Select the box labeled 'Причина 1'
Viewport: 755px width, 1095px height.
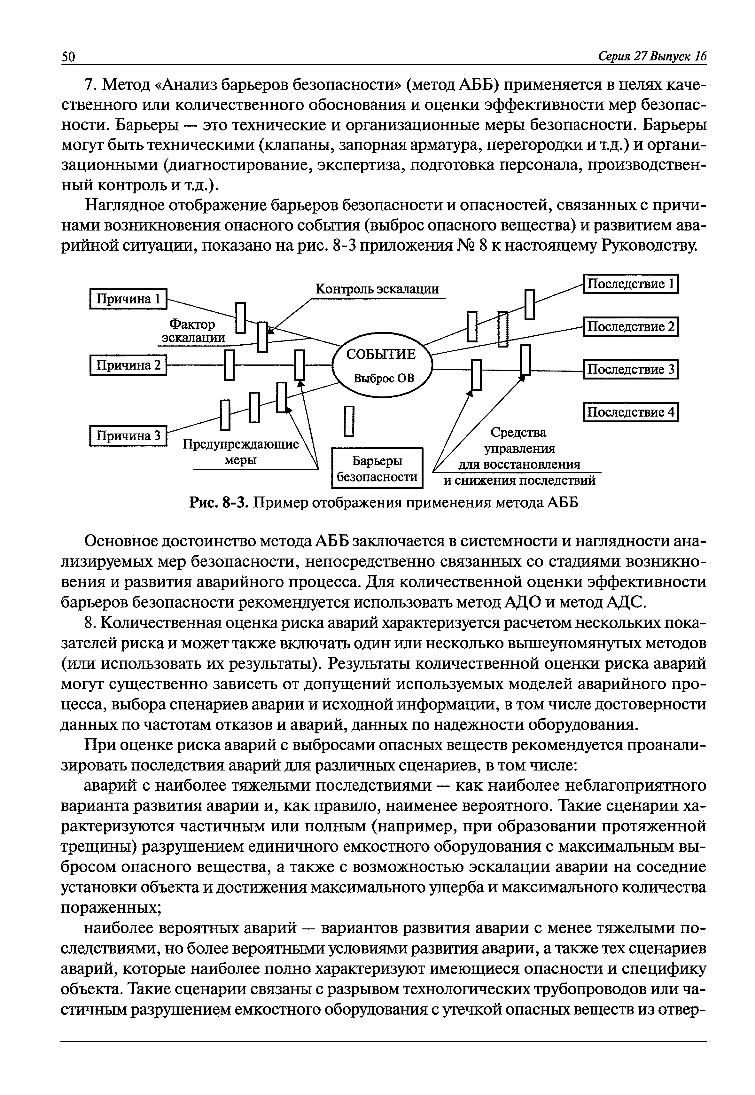tap(128, 299)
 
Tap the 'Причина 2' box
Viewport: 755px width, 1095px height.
tap(128, 365)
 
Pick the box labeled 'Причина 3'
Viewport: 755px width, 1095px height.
tap(128, 436)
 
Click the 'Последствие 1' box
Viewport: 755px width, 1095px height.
tap(631, 285)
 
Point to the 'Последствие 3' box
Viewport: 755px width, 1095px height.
tap(631, 370)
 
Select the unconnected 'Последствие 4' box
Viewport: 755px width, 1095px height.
tap(631, 412)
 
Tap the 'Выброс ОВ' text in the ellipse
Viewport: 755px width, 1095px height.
tap(384, 379)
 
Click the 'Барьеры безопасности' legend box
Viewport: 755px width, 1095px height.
tap(377, 468)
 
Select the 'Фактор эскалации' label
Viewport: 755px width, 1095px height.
tap(193, 331)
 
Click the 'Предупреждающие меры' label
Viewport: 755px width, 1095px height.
tap(241, 452)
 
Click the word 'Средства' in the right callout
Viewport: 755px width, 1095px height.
tap(518, 433)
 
